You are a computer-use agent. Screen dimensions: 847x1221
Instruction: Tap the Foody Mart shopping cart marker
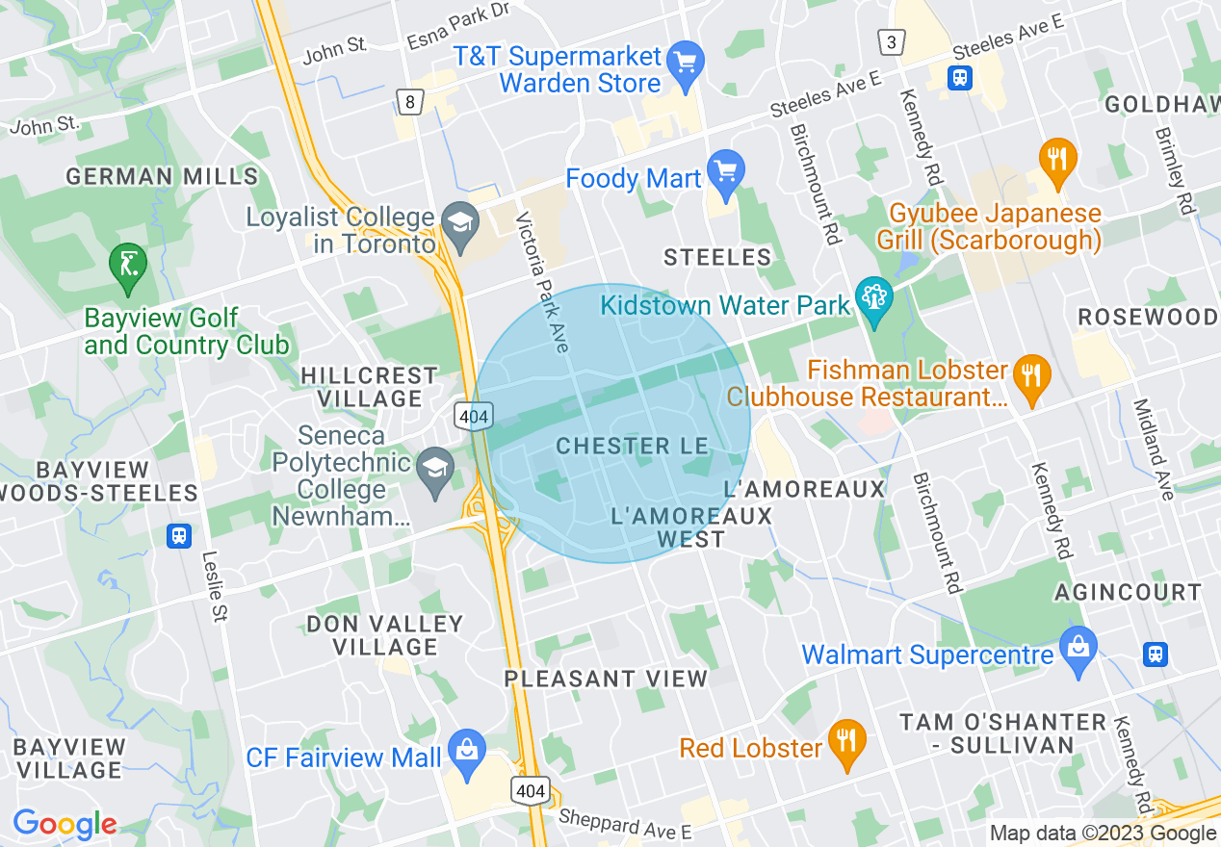725,173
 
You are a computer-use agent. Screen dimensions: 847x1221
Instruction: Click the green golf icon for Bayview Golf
128,267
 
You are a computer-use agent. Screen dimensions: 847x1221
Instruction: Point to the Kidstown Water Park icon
874,300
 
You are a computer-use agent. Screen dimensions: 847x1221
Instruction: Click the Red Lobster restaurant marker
847,743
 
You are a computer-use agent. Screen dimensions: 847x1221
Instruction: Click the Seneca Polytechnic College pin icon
436,471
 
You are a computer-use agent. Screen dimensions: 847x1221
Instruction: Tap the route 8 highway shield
410,101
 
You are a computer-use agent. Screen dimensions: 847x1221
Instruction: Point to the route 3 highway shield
892,41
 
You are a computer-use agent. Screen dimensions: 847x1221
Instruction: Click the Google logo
65,824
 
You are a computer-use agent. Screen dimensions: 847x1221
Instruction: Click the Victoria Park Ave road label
543,282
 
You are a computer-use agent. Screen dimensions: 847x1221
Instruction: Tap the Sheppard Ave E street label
625,826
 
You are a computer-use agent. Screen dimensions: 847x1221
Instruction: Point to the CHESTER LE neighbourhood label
633,446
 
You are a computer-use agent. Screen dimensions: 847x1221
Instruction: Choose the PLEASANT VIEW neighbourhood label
606,679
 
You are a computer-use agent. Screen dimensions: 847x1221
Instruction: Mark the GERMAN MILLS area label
162,176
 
